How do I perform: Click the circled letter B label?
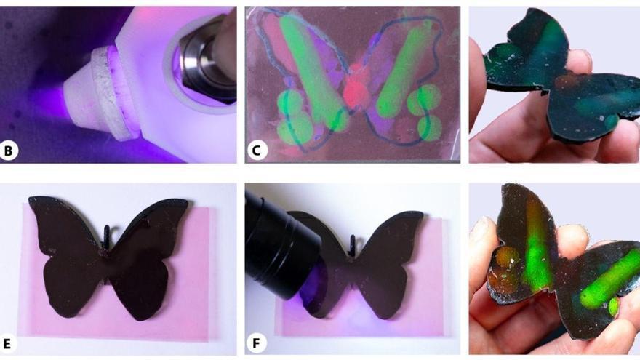point(10,151)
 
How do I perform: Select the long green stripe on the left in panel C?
point(310,65)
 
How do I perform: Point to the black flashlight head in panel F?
point(280,240)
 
